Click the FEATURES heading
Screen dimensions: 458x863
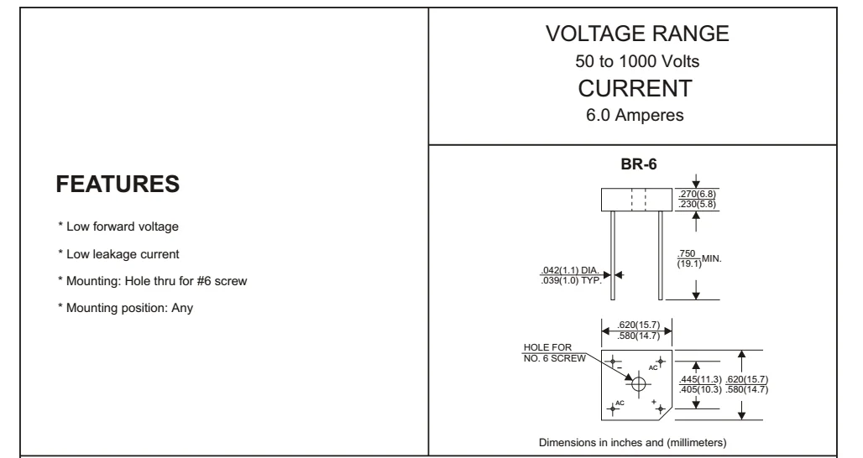point(118,185)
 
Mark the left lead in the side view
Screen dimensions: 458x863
point(613,256)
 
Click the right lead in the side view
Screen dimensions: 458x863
point(662,256)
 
